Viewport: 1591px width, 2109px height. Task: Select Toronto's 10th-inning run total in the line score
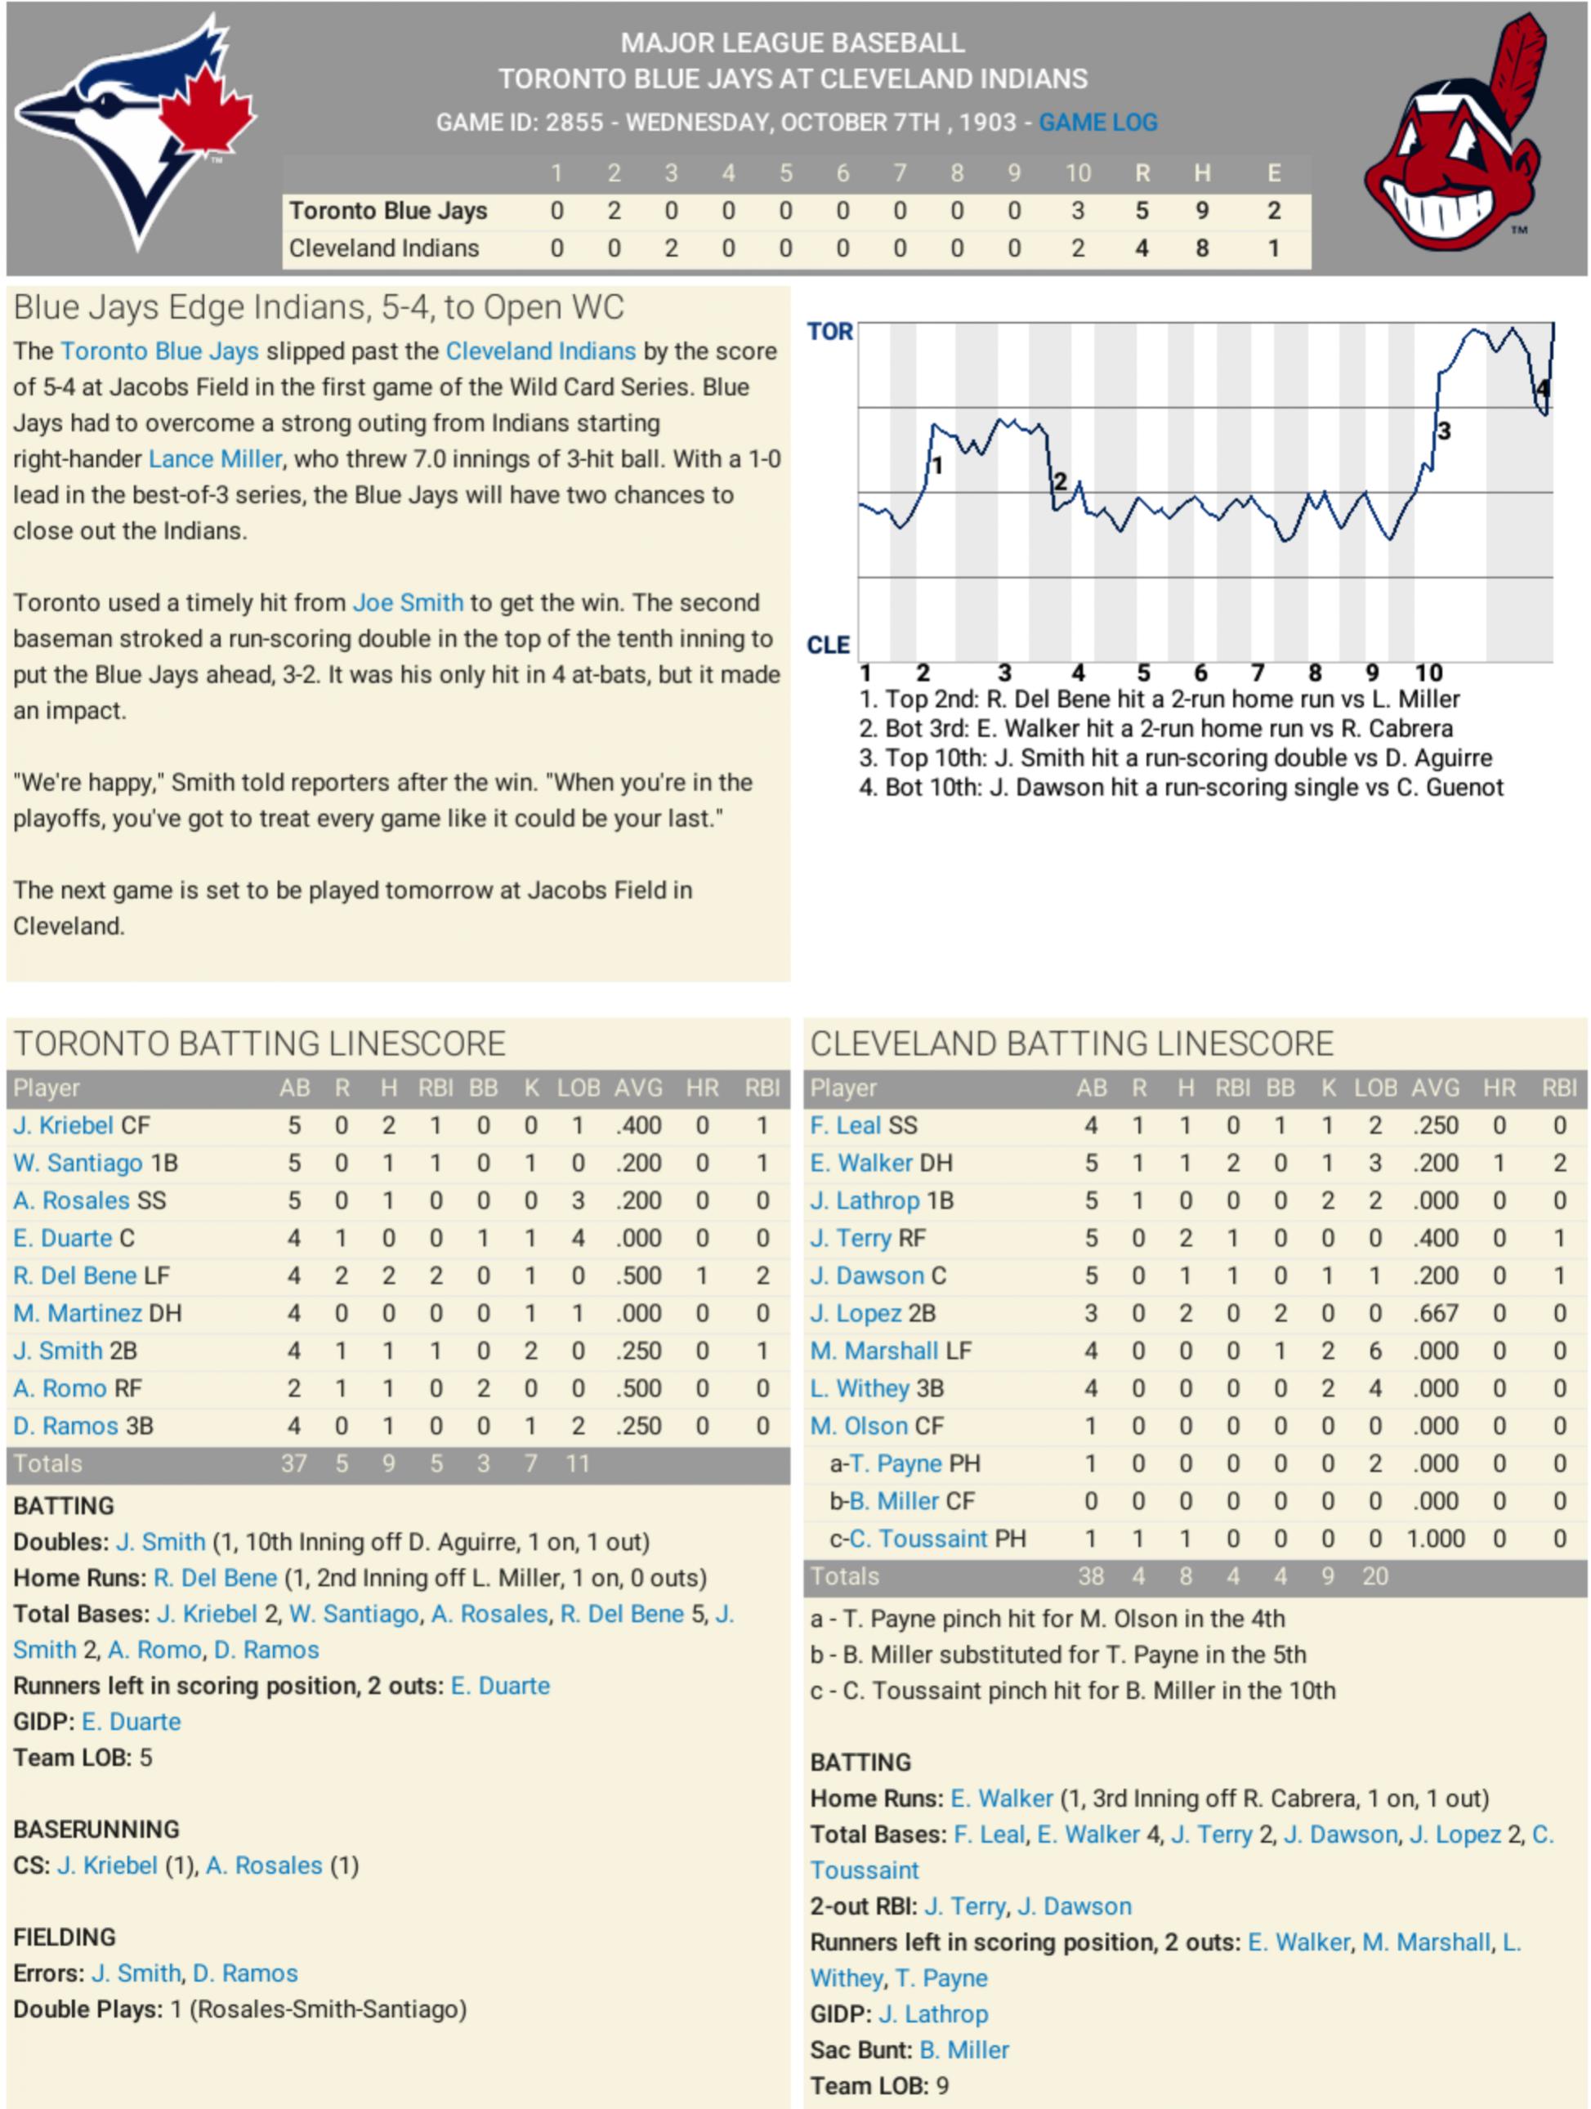[1077, 211]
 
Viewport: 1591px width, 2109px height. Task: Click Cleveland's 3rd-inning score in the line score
[671, 249]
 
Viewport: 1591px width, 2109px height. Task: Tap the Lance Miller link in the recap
[216, 458]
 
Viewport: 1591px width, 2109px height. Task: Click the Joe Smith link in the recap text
[408, 602]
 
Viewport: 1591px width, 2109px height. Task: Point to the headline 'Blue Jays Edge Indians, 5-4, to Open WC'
[319, 308]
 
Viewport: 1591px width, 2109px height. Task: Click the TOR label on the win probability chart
[829, 332]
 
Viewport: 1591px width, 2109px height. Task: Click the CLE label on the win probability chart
[828, 646]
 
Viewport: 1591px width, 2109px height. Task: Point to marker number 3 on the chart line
[1443, 431]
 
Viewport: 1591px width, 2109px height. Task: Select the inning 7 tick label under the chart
[1258, 673]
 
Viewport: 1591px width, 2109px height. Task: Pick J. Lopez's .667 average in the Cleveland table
[1435, 1314]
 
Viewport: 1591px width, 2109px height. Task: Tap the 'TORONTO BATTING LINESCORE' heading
[259, 1044]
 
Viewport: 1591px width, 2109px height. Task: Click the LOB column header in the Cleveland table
[1374, 1088]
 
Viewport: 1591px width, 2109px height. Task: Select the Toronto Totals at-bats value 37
[293, 1463]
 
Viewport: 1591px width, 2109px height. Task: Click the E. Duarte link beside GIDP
[131, 1722]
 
